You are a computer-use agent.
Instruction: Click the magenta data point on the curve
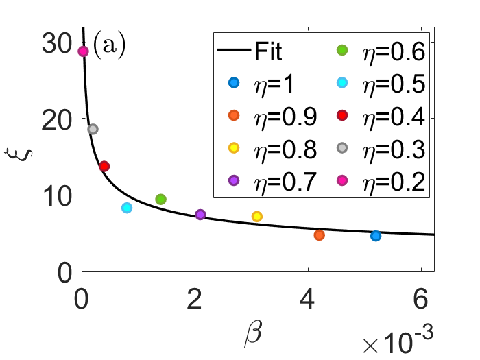click(x=83, y=51)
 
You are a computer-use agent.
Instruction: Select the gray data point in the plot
click(x=93, y=129)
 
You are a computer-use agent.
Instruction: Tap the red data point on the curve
click(x=104, y=166)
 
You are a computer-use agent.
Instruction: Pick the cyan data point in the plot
click(x=126, y=208)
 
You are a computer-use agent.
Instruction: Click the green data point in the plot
click(x=160, y=199)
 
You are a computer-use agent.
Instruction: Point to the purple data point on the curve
click(x=200, y=215)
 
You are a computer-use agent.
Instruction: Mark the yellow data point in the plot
click(x=257, y=217)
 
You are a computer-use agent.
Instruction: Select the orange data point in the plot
click(x=319, y=235)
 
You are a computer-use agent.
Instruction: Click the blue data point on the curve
click(x=376, y=236)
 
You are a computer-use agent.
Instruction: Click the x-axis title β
click(x=252, y=333)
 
